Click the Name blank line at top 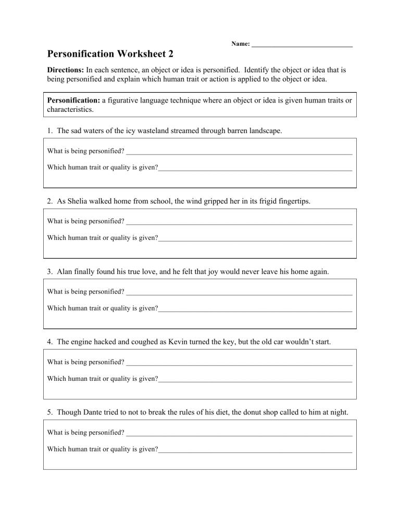tap(302, 45)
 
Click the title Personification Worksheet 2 tap(110, 54)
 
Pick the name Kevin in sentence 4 tap(180, 342)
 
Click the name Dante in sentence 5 tap(90, 412)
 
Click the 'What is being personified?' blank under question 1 tap(239, 152)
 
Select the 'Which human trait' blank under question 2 tap(255, 239)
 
